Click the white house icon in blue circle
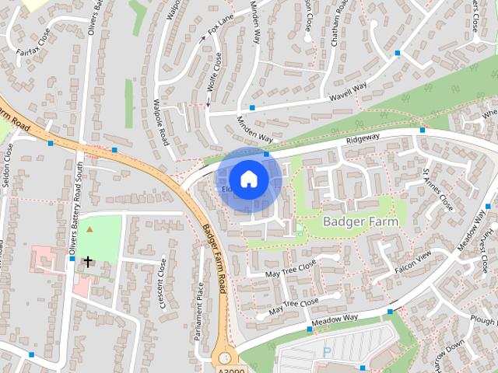click(248, 180)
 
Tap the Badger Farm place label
click(360, 221)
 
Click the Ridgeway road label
click(363, 137)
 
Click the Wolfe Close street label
click(214, 78)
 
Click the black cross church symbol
click(88, 261)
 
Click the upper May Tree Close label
click(290, 269)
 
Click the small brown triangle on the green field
click(89, 229)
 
